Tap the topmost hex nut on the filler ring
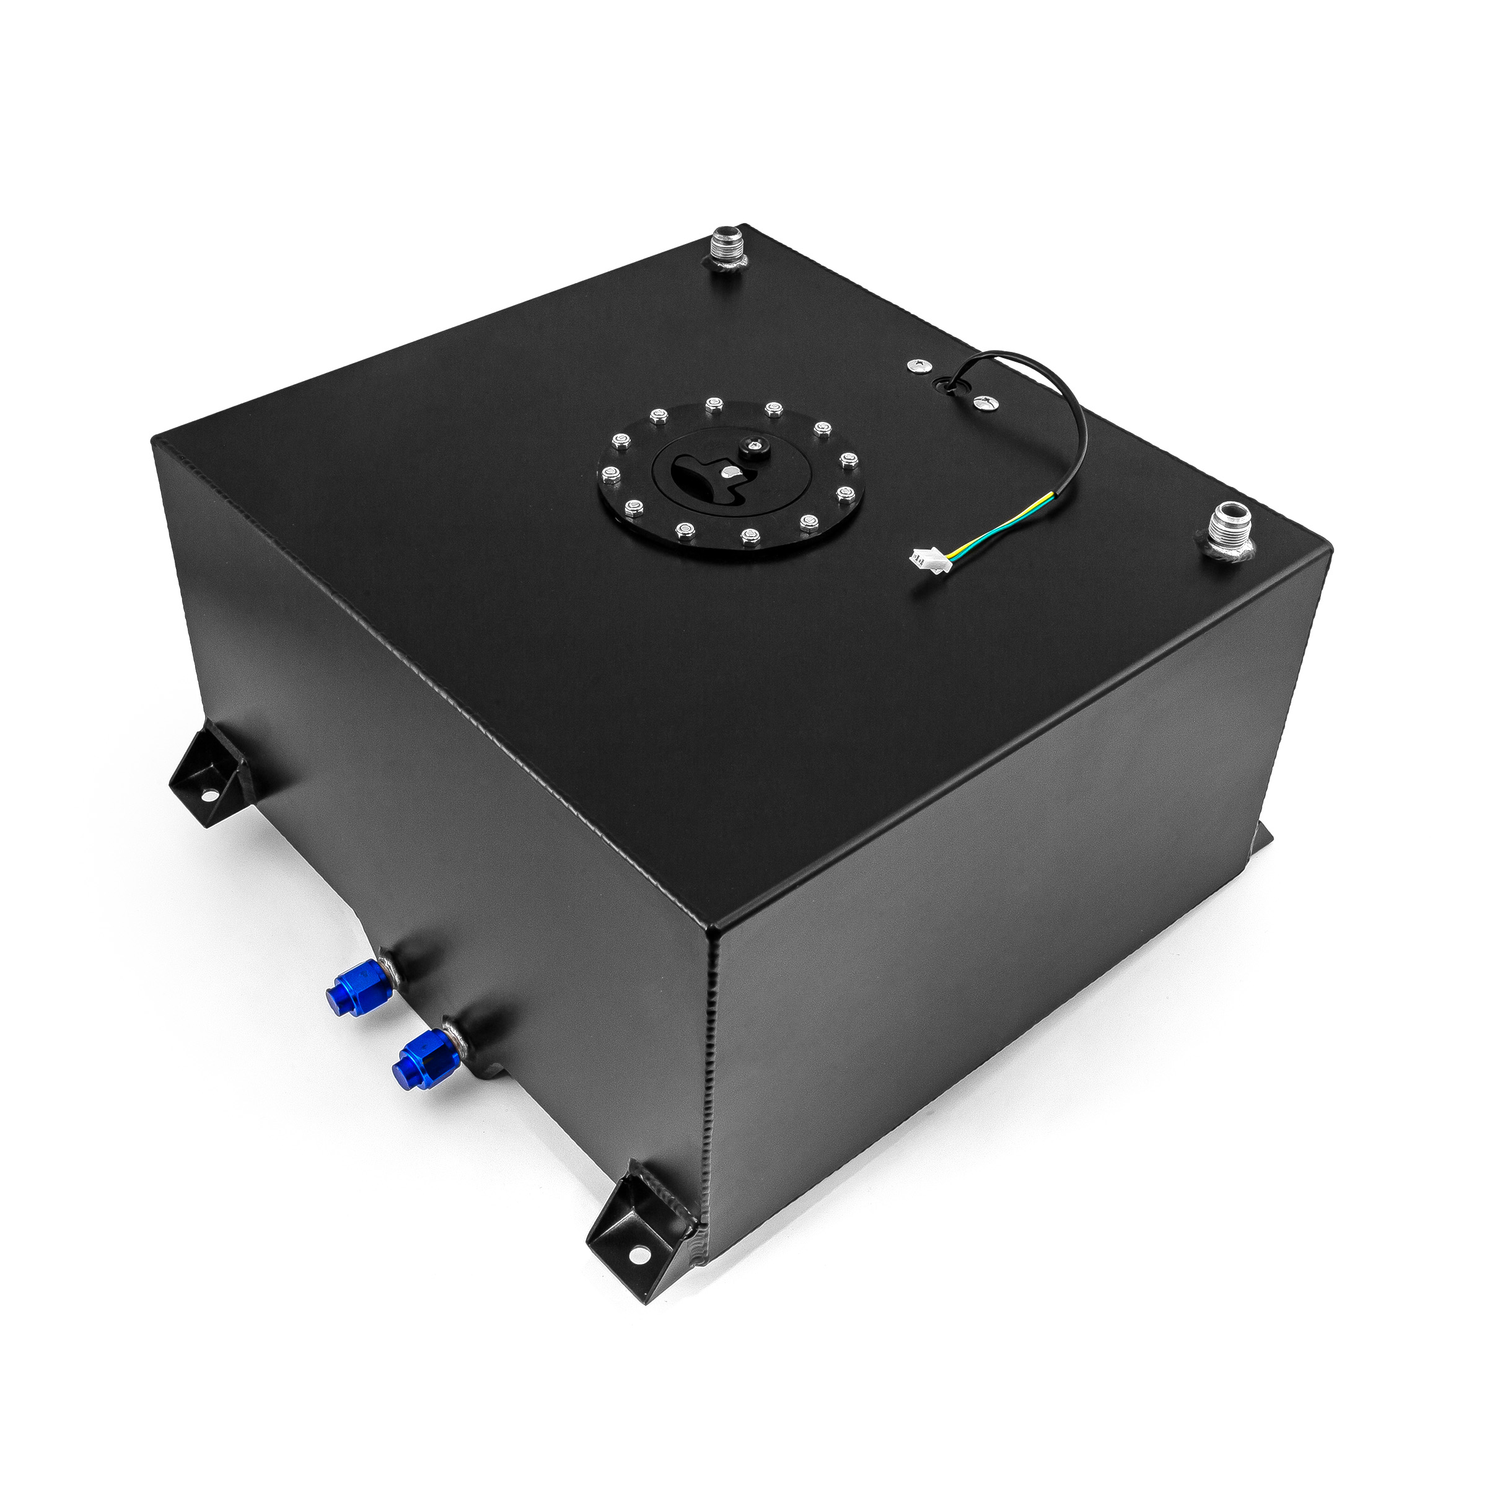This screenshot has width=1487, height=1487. tap(714, 403)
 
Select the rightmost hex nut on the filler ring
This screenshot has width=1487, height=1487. tap(849, 460)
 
